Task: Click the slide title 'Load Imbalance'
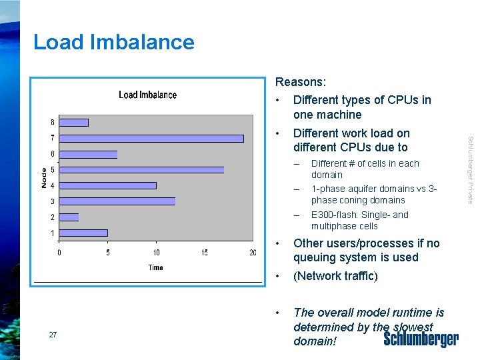tap(114, 42)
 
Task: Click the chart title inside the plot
tap(147, 95)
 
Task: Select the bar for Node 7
tap(151, 138)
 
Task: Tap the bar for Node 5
tap(141, 170)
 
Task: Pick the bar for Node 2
tap(69, 217)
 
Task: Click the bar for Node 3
tap(117, 201)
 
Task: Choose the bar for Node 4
tap(108, 185)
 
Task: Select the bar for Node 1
tap(83, 233)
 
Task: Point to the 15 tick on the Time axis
tap(205, 253)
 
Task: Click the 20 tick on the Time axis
tap(253, 253)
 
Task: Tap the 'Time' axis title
tap(155, 267)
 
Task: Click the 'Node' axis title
tap(44, 177)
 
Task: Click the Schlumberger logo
tap(421, 339)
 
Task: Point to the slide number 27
tap(53, 335)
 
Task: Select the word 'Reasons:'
tap(301, 82)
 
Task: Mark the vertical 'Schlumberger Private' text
tap(470, 170)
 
